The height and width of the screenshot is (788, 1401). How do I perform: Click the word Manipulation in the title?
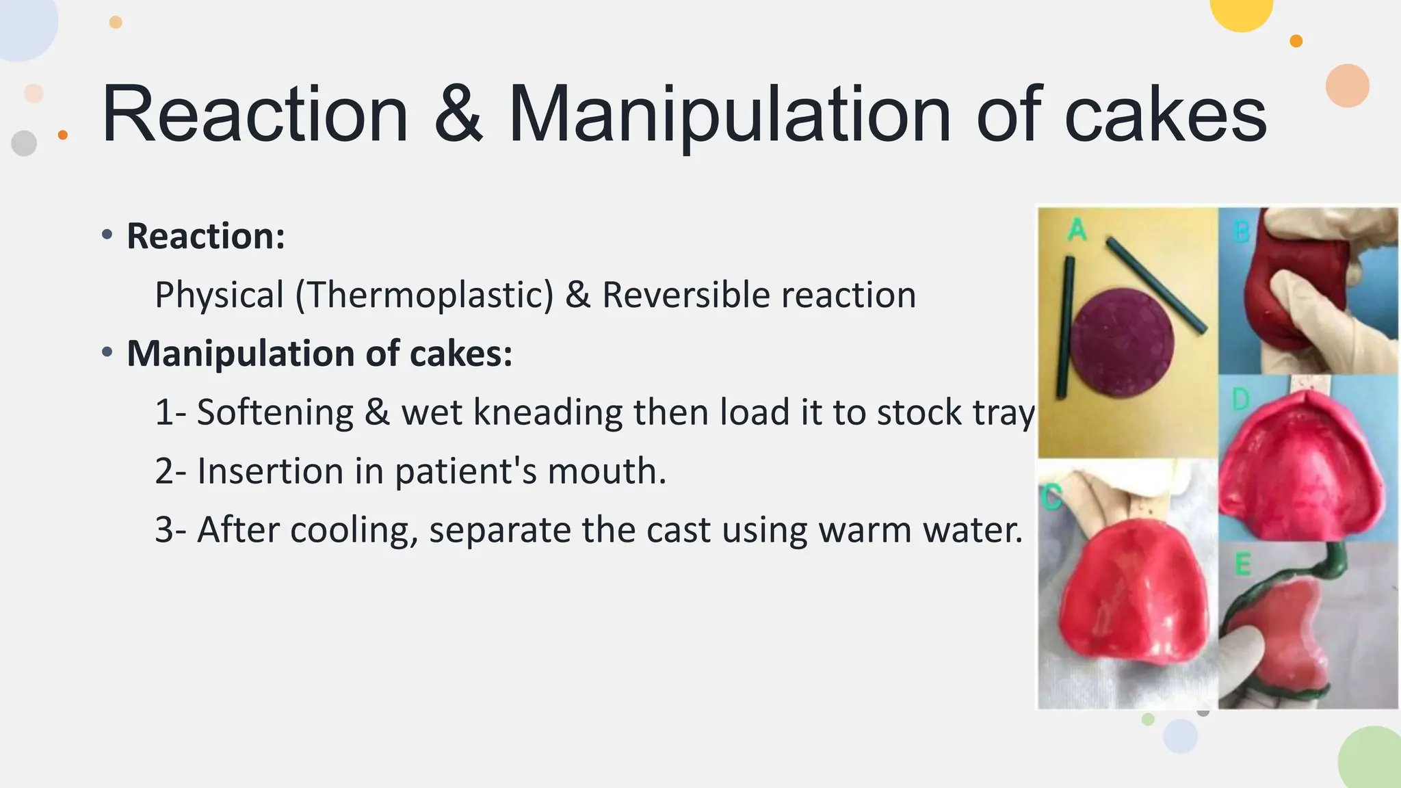pos(729,115)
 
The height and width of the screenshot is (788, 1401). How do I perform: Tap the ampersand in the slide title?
pos(458,115)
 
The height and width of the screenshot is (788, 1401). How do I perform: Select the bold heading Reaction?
pos(205,236)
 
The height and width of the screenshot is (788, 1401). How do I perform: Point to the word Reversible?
pos(685,295)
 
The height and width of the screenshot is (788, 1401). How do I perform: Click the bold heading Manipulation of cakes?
pos(319,354)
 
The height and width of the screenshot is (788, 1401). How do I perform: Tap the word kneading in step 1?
pos(547,412)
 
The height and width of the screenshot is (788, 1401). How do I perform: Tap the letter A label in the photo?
pos(1077,230)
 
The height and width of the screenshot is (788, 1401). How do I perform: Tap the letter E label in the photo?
pos(1242,565)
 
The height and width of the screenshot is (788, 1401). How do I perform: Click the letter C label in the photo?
pos(1051,497)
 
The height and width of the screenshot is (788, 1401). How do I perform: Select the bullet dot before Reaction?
pos(107,236)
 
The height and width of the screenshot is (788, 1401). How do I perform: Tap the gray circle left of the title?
pos(24,143)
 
